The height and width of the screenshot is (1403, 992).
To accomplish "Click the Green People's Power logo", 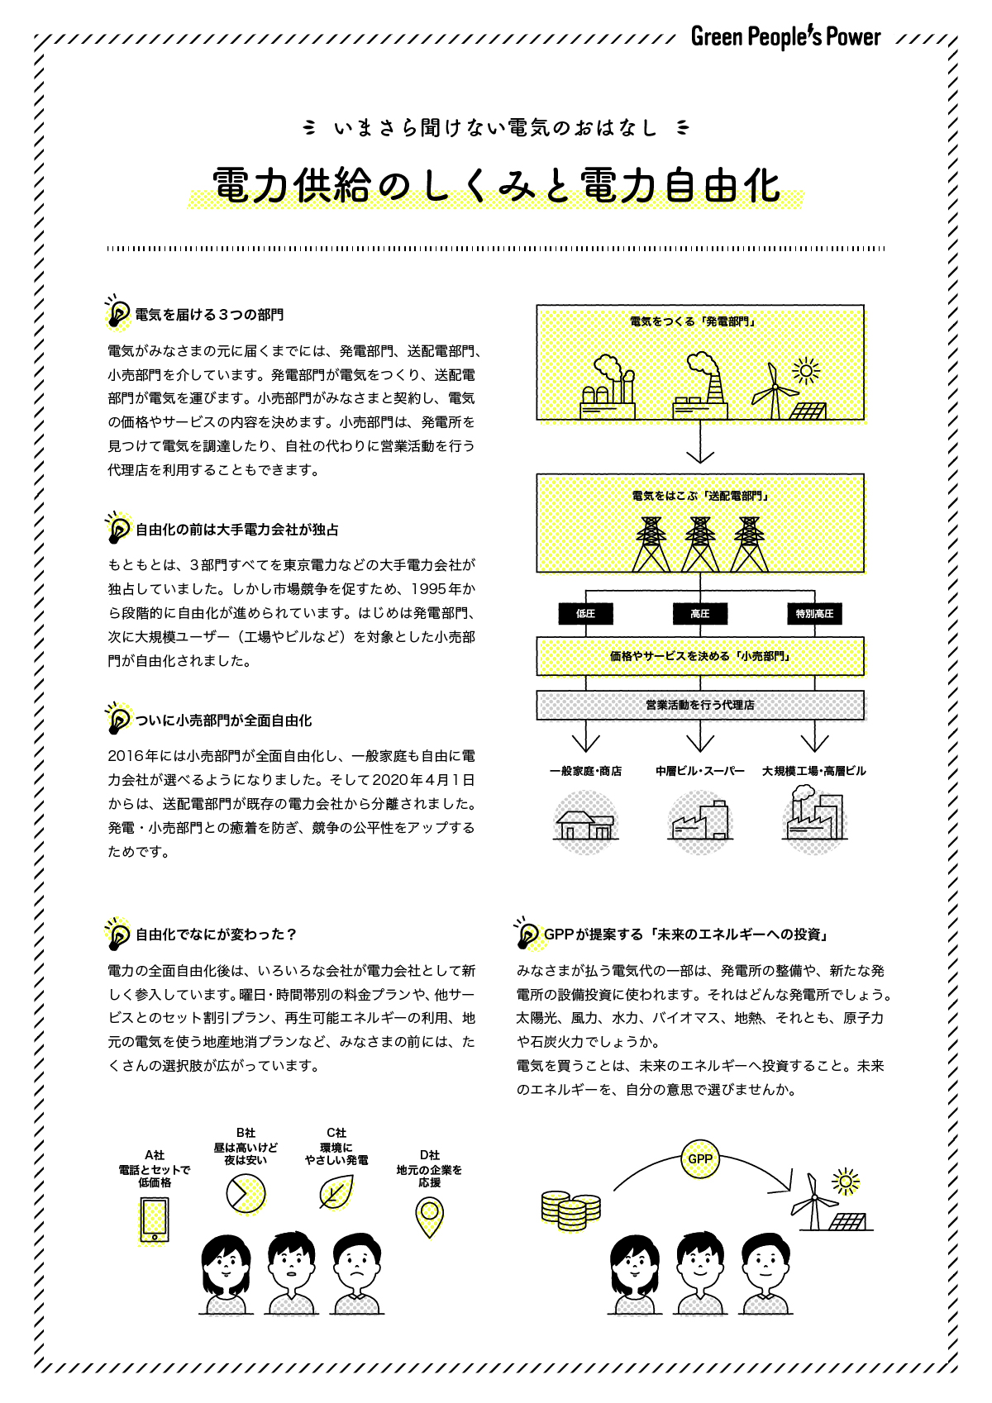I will coord(785,37).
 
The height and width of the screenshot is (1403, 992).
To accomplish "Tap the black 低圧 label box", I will coord(585,614).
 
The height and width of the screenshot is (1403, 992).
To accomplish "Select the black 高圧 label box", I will coord(700,614).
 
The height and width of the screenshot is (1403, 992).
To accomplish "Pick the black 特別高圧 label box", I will coord(814,614).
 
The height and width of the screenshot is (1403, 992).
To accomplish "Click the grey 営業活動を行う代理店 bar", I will coord(700,706).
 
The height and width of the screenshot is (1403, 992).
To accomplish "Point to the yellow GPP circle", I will coord(700,1159).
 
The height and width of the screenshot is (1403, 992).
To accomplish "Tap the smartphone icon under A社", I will coord(155,1220).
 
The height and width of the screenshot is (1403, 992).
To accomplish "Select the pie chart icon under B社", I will coord(246,1194).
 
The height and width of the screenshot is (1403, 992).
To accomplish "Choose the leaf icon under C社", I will coord(336,1193).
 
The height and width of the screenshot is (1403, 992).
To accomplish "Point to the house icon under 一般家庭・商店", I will coord(585,824).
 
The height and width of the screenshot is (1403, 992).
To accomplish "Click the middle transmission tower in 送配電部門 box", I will coord(700,545).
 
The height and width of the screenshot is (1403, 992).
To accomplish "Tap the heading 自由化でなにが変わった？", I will coord(216,935).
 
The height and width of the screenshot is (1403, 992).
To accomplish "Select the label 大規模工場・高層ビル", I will coord(814,771).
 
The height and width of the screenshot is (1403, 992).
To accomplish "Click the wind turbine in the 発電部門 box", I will coord(775,392).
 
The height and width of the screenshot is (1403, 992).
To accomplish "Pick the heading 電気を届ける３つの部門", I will coord(209,315).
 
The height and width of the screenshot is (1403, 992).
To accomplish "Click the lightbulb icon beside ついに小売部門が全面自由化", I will coord(118,719).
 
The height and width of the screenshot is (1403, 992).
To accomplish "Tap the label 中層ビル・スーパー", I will coord(700,771).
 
